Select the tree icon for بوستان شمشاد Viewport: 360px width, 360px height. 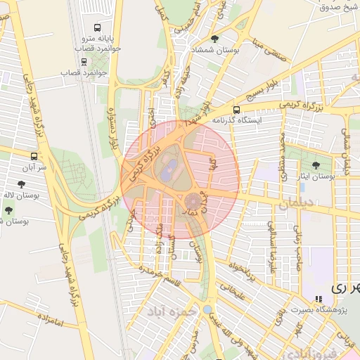[x=214, y=39]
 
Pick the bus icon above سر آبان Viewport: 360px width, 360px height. [x=34, y=155]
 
